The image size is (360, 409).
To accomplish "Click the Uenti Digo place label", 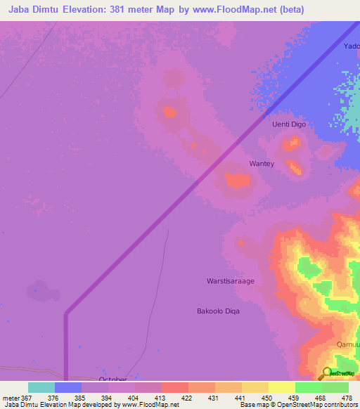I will click(x=289, y=124).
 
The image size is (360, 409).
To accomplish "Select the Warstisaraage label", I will click(x=230, y=281).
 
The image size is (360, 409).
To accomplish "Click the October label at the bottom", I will click(x=112, y=379).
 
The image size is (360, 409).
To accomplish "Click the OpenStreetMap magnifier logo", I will click(x=326, y=374).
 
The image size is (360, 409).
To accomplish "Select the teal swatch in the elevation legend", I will click(x=41, y=387).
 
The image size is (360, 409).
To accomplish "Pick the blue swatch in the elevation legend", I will click(x=68, y=387).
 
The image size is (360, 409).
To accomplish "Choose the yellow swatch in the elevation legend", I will click(x=281, y=387).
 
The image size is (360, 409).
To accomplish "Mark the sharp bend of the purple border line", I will click(x=66, y=313).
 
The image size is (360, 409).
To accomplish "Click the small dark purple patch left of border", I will click(x=39, y=290).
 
